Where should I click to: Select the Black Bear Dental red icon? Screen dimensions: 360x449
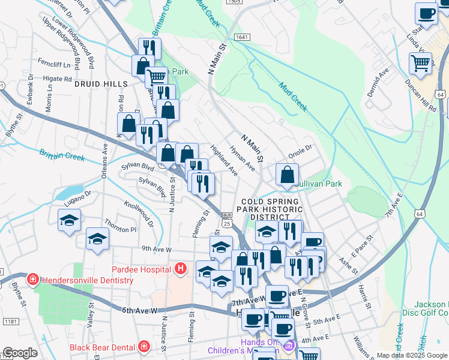(143, 346)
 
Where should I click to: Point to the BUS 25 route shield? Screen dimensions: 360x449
(227, 219)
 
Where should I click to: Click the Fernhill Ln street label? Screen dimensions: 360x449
(55, 64)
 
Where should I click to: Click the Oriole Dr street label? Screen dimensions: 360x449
(301, 149)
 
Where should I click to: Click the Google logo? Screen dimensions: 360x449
(20, 353)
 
